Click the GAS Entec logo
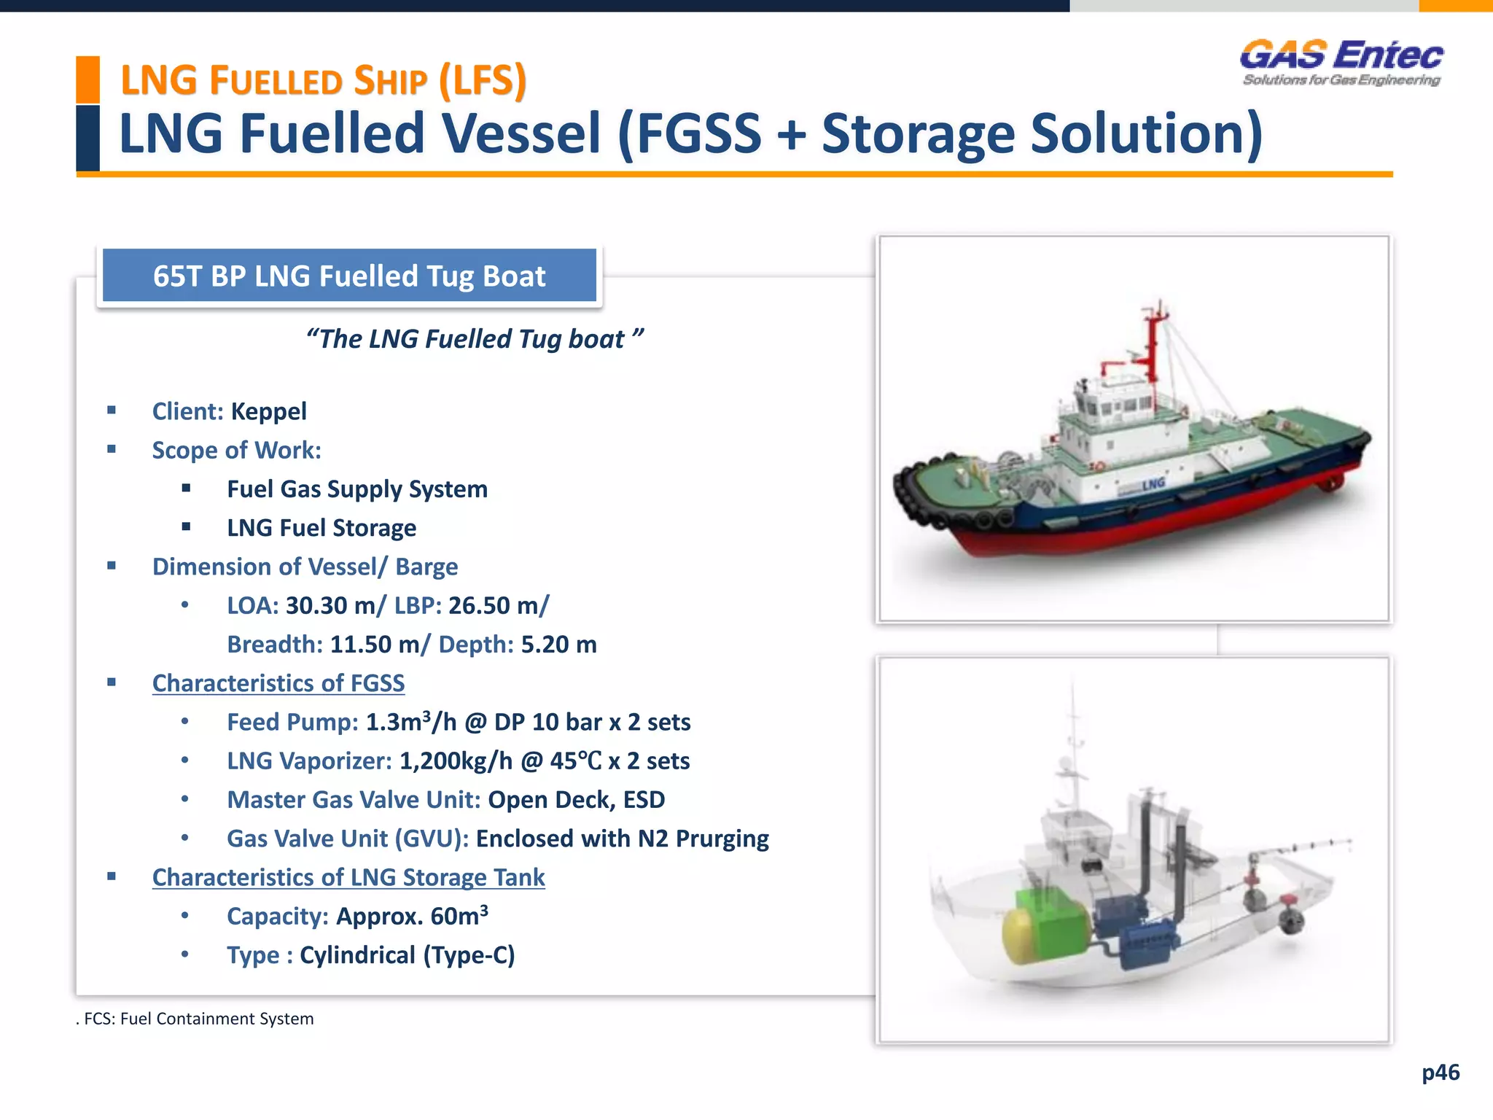click(x=1341, y=63)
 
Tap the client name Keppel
click(x=268, y=411)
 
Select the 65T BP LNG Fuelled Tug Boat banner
click(x=349, y=276)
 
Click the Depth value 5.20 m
click(x=558, y=645)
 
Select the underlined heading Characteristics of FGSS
click(x=278, y=683)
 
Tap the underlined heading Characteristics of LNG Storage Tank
click(x=348, y=877)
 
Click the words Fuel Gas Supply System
click(x=357, y=489)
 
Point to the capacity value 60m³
click(x=459, y=916)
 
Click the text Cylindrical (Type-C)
click(x=407, y=955)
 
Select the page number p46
click(x=1441, y=1073)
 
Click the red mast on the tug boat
click(x=1153, y=343)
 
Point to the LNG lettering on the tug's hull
click(x=1153, y=483)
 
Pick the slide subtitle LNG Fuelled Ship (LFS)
click(x=323, y=80)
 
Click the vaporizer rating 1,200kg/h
click(x=456, y=761)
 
